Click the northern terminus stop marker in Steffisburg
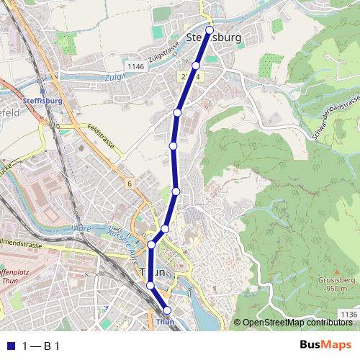[210, 30]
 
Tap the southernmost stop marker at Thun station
[167, 310]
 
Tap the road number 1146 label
[135, 66]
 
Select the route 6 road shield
[129, 184]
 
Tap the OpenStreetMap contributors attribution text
[296, 323]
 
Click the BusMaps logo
[325, 345]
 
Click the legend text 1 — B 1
[42, 346]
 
